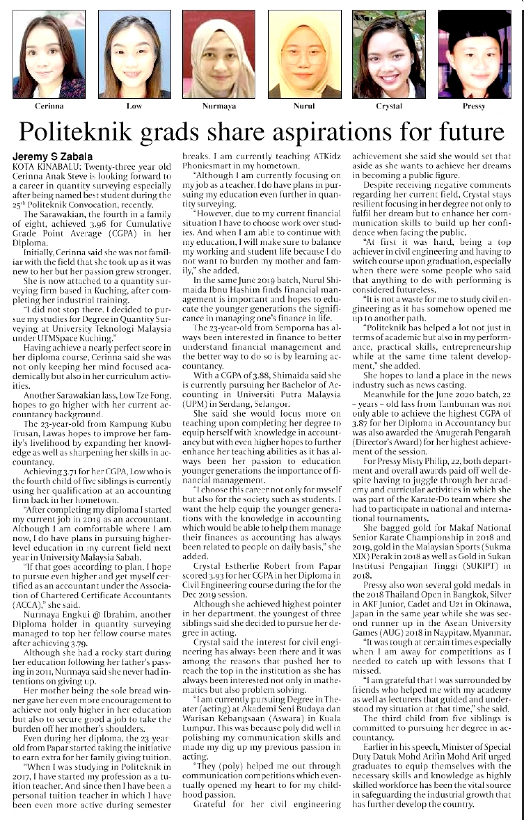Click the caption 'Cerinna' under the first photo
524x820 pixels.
click(49, 106)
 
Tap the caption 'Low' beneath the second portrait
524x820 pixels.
click(134, 106)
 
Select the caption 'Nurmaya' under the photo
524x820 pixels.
click(219, 106)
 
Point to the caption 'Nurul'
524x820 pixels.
click(304, 106)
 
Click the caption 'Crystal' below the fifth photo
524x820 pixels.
click(389, 106)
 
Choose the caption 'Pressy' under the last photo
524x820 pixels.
click(474, 106)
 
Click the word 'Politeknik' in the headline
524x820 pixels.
click(75, 132)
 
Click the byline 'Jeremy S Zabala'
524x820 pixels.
click(53, 157)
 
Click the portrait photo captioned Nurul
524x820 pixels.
click(304, 54)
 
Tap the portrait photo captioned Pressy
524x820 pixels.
click(474, 54)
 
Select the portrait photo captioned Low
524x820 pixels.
click(134, 54)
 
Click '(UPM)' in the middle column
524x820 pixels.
click(193, 404)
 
